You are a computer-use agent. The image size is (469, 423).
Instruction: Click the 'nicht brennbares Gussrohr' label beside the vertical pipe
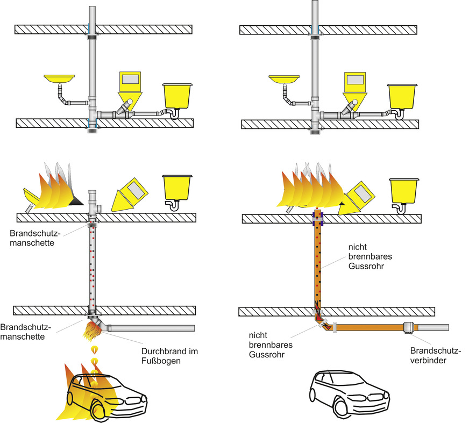point(371,256)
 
